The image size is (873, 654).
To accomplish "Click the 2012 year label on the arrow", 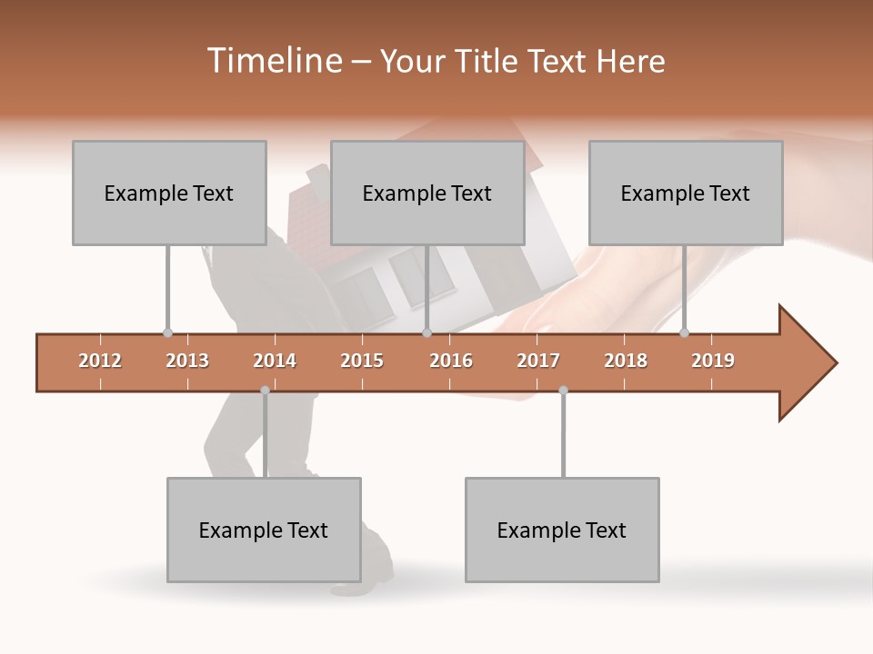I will [100, 361].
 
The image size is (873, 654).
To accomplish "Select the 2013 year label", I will [187, 361].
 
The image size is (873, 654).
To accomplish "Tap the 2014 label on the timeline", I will [275, 361].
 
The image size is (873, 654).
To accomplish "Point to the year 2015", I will [362, 361].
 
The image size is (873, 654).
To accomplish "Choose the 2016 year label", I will [451, 361].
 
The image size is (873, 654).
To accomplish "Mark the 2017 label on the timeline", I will [538, 361].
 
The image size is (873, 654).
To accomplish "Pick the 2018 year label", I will [626, 361].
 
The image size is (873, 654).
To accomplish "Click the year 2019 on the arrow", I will [713, 361].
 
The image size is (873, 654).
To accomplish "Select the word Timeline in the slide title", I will [273, 61].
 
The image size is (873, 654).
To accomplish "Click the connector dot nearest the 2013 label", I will [167, 333].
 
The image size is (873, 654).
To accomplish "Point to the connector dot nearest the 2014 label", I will [265, 391].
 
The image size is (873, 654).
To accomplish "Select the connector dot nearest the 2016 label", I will [426, 333].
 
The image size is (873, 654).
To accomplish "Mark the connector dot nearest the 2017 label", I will [563, 391].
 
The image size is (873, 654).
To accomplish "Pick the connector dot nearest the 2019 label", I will [684, 333].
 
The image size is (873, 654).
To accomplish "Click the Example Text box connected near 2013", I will [169, 193].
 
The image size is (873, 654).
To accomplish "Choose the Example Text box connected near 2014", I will [264, 530].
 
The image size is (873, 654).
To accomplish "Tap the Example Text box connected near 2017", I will [562, 530].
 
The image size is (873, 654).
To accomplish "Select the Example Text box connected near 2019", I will [686, 193].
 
